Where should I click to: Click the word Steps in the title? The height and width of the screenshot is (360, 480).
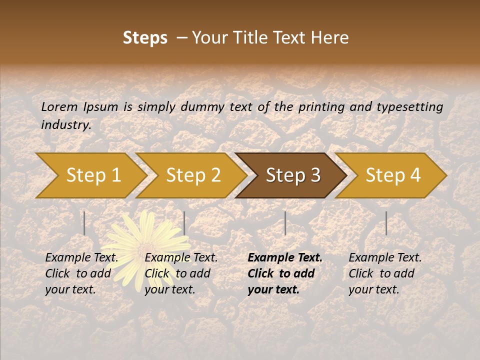pos(145,38)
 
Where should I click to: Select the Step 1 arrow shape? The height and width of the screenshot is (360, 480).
pos(93,175)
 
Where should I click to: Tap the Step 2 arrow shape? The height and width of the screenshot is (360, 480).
pos(193,175)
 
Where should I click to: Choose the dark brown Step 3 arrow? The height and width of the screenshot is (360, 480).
pos(293,175)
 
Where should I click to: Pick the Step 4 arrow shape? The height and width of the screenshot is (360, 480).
pos(393,175)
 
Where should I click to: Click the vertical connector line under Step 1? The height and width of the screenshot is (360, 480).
pos(84,223)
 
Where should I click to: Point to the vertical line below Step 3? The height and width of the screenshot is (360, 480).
pos(285,223)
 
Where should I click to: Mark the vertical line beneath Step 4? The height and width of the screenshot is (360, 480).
pos(386,223)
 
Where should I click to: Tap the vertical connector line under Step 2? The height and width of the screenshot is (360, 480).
pos(184,223)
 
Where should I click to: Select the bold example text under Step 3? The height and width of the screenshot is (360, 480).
pos(285,273)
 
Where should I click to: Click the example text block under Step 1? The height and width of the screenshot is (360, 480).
pos(81,273)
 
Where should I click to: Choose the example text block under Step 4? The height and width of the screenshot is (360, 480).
pos(385,273)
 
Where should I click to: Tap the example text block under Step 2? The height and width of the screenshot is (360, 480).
pos(181,273)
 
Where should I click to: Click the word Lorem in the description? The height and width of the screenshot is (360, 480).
pos(59,106)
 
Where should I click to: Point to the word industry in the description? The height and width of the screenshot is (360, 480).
pos(65,125)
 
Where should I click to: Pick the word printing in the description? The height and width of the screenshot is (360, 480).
pos(322,107)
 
